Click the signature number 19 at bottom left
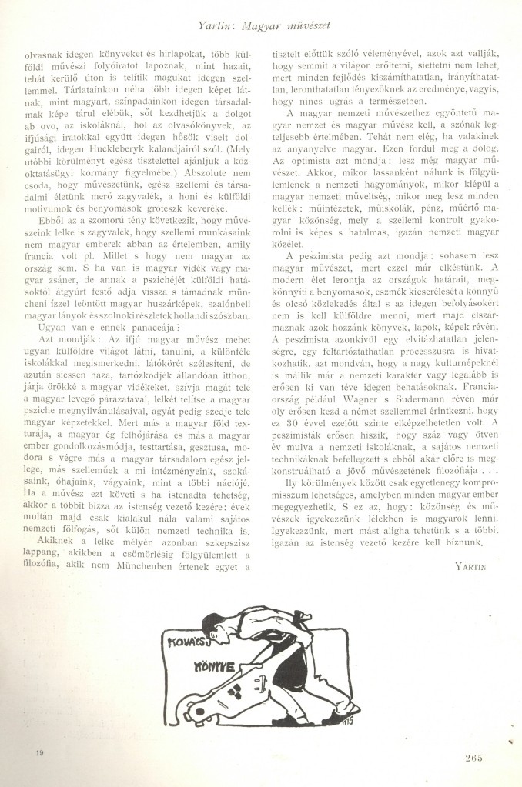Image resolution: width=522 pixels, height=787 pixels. coord(39,754)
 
